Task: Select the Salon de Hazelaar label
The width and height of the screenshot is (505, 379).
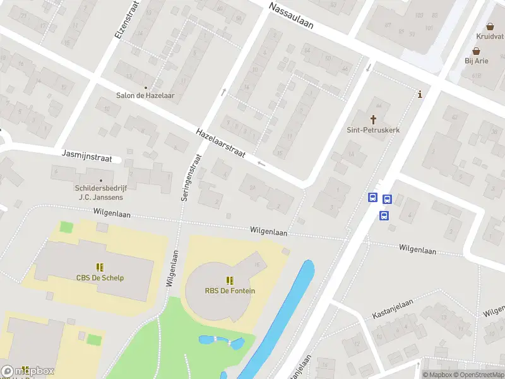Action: coord(145,96)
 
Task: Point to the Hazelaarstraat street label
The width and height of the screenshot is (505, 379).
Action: coord(222,145)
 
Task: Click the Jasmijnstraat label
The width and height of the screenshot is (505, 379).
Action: coord(87,155)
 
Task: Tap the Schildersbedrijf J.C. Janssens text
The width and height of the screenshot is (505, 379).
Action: coord(100,192)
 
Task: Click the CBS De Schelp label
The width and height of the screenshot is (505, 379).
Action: coord(100,278)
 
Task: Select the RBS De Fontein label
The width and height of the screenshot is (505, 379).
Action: coord(230,291)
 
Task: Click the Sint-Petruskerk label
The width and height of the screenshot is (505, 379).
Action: coord(374,130)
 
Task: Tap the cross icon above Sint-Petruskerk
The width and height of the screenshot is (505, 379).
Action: coord(373,119)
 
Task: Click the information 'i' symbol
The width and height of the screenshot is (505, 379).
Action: coord(420,95)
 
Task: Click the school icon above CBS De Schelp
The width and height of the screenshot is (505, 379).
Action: coord(100,267)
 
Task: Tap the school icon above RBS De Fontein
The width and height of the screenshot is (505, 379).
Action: coord(230,280)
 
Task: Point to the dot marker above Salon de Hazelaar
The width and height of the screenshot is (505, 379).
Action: coord(145,88)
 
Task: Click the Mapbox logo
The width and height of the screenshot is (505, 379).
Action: coord(28,371)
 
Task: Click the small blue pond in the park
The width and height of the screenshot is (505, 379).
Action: coord(221,342)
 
